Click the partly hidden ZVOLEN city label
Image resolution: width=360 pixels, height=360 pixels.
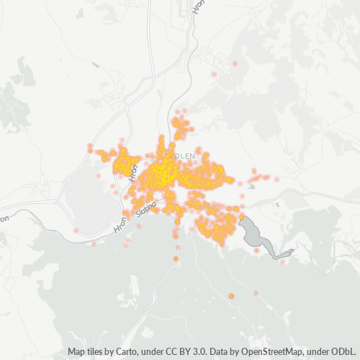(180, 155)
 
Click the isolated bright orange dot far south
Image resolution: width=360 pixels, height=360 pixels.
(231, 296)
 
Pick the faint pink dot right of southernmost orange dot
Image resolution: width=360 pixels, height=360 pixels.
(255, 293)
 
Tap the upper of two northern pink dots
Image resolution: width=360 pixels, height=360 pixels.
(235, 64)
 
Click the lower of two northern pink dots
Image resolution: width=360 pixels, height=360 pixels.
(214, 74)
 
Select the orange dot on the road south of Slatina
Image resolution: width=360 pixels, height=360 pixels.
(176, 258)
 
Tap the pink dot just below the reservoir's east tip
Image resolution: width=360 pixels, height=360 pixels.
(282, 261)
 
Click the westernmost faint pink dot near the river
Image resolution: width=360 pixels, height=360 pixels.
(76, 230)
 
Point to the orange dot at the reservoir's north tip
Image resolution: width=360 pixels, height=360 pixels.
(242, 217)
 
